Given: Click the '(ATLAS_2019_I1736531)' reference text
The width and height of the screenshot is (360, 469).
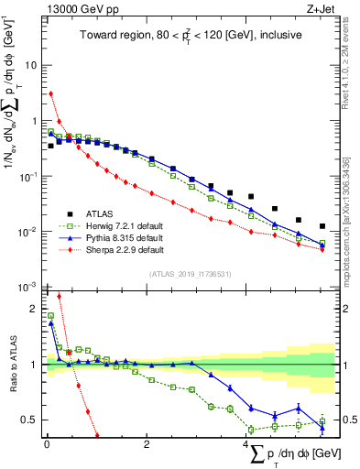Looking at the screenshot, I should tap(191, 273).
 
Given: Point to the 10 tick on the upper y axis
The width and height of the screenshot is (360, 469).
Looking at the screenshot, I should tap(30, 66).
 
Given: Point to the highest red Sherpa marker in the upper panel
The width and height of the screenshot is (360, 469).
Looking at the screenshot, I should tap(51, 93).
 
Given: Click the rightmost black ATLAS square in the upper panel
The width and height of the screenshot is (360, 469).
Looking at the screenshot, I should tap(322, 226).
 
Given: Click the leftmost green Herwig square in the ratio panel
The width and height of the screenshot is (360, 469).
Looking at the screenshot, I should tap(51, 316).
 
